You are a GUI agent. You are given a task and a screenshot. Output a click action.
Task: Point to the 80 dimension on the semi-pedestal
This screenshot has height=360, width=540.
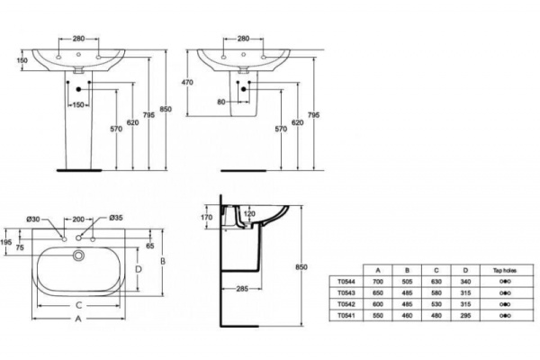click(222, 101)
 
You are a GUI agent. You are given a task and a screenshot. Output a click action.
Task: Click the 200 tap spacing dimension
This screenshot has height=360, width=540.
click(78, 219)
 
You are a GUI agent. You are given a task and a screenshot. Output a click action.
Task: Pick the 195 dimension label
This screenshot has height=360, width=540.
click(8, 243)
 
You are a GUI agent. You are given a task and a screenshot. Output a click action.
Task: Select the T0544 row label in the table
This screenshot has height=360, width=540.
click(346, 281)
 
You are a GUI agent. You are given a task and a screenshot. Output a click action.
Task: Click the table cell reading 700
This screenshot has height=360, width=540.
click(378, 281)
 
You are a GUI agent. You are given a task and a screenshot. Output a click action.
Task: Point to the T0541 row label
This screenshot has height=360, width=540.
click(346, 315)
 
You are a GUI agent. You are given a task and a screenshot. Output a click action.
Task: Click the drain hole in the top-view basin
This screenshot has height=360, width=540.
click(81, 256)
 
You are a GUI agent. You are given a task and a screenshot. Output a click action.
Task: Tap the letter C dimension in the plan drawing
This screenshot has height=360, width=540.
click(80, 304)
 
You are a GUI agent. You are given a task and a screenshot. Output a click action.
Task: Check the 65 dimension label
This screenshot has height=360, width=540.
click(149, 245)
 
